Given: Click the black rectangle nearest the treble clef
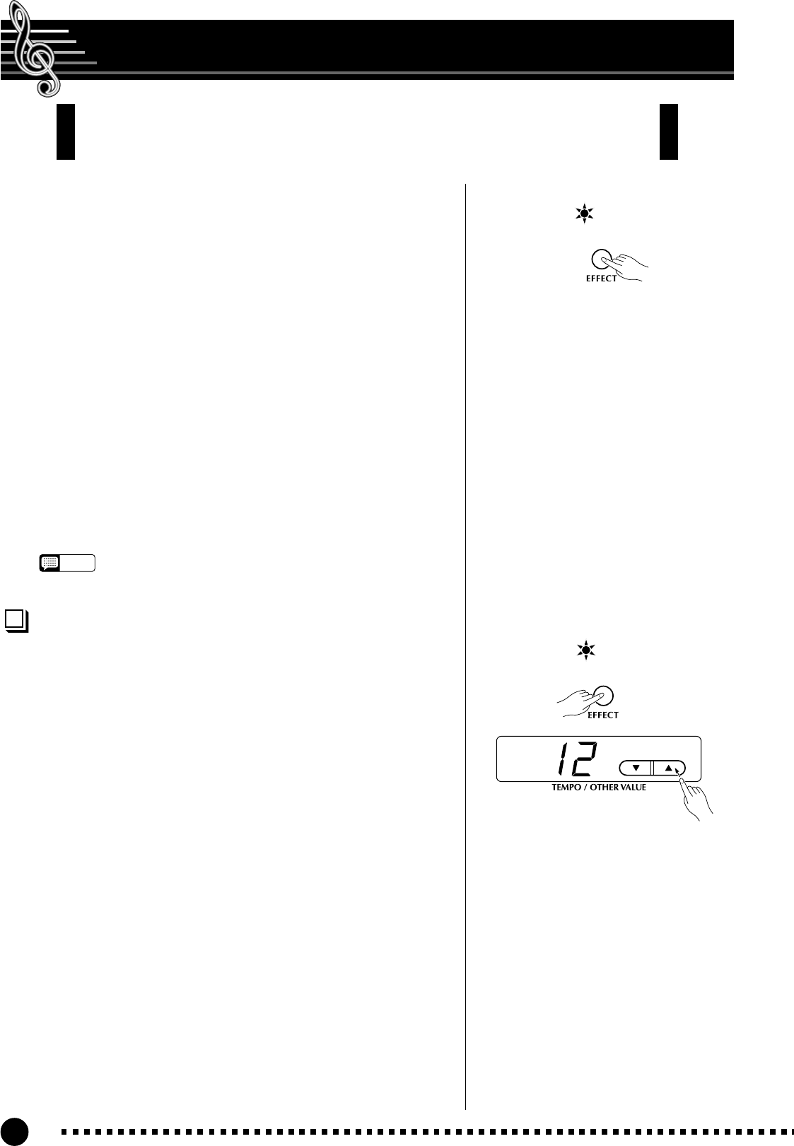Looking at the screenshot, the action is [x=66, y=131].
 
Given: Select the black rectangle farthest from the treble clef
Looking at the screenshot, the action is [x=668, y=131].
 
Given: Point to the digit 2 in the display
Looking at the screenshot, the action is [x=584, y=760].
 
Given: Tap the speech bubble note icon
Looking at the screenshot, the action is [x=50, y=563].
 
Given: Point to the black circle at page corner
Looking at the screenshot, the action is [x=13, y=1131].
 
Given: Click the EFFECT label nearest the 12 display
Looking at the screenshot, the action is [x=602, y=715].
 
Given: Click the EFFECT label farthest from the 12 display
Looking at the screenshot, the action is [x=601, y=279].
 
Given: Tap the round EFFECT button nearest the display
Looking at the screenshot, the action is [x=603, y=696].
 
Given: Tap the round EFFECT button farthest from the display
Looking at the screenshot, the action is [x=601, y=259].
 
